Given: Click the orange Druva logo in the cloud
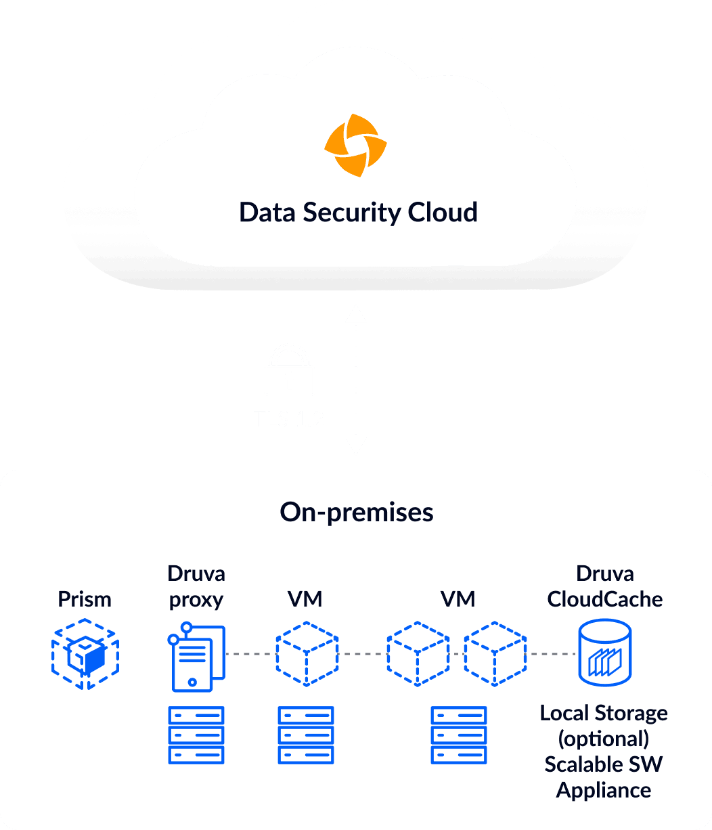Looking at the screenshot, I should [355, 146].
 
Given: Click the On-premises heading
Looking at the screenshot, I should [357, 512].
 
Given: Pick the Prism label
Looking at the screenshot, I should [85, 599].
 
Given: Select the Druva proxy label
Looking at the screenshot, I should [196, 586].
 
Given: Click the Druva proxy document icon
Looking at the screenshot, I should [196, 657].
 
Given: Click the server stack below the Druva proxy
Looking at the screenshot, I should [196, 735].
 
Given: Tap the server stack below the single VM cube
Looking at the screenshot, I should [306, 735].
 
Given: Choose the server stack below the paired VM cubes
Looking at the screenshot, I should [459, 735].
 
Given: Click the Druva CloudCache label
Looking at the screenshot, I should [605, 586].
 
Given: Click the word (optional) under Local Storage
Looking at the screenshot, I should [604, 739].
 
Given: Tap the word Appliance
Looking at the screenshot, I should [604, 790].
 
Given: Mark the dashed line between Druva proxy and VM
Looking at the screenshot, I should [250, 654].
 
